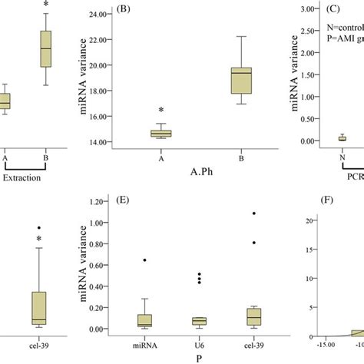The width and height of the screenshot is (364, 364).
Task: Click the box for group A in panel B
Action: point(160,134)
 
